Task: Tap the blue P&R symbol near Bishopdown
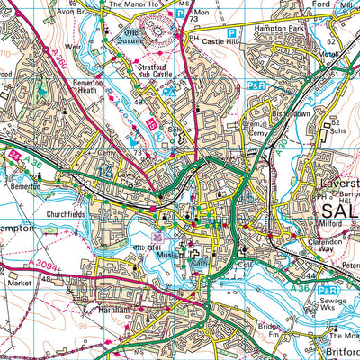[252, 85]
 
